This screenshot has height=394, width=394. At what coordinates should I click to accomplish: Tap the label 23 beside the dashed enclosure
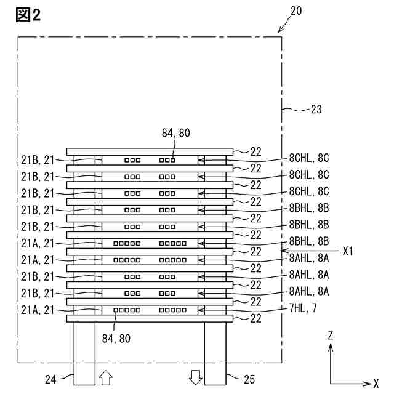[315, 110]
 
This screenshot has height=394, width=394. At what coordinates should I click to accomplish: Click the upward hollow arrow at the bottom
[105, 377]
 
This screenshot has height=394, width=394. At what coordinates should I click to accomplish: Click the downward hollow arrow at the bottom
[196, 377]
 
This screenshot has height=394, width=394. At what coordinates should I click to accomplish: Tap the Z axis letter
[331, 336]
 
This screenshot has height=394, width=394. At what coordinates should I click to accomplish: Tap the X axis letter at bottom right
[376, 383]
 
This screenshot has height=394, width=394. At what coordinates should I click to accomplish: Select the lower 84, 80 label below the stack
[116, 337]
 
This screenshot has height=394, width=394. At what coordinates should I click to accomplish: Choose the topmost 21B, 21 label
[38, 160]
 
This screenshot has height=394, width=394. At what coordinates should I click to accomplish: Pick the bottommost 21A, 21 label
[38, 310]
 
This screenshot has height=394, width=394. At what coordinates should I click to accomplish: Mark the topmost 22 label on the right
[255, 150]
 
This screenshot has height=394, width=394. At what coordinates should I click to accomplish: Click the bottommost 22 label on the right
[255, 318]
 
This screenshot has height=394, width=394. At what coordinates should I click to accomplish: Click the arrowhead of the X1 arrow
[282, 252]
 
